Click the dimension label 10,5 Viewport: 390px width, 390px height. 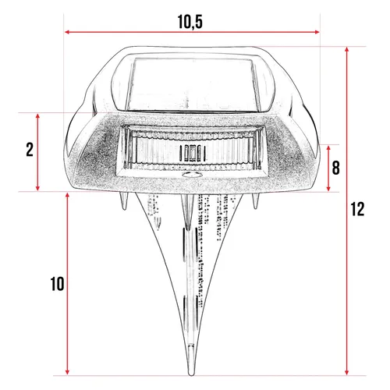click(x=191, y=21)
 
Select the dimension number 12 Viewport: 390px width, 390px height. click(x=358, y=209)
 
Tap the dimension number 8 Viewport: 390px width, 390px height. click(x=335, y=168)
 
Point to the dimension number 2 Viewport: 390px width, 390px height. click(x=29, y=150)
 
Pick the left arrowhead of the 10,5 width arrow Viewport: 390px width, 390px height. click(x=67, y=32)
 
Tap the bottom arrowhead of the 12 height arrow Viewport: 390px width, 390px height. click(x=346, y=372)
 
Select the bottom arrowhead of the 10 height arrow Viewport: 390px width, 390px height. click(x=69, y=371)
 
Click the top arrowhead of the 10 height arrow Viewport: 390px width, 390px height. click(x=69, y=195)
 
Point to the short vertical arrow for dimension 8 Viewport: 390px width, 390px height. click(x=328, y=168)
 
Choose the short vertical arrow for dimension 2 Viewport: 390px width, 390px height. click(x=38, y=151)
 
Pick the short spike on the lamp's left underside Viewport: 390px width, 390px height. click(x=124, y=202)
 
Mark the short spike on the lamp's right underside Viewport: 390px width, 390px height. click(x=257, y=204)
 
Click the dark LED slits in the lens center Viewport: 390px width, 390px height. click(x=190, y=152)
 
